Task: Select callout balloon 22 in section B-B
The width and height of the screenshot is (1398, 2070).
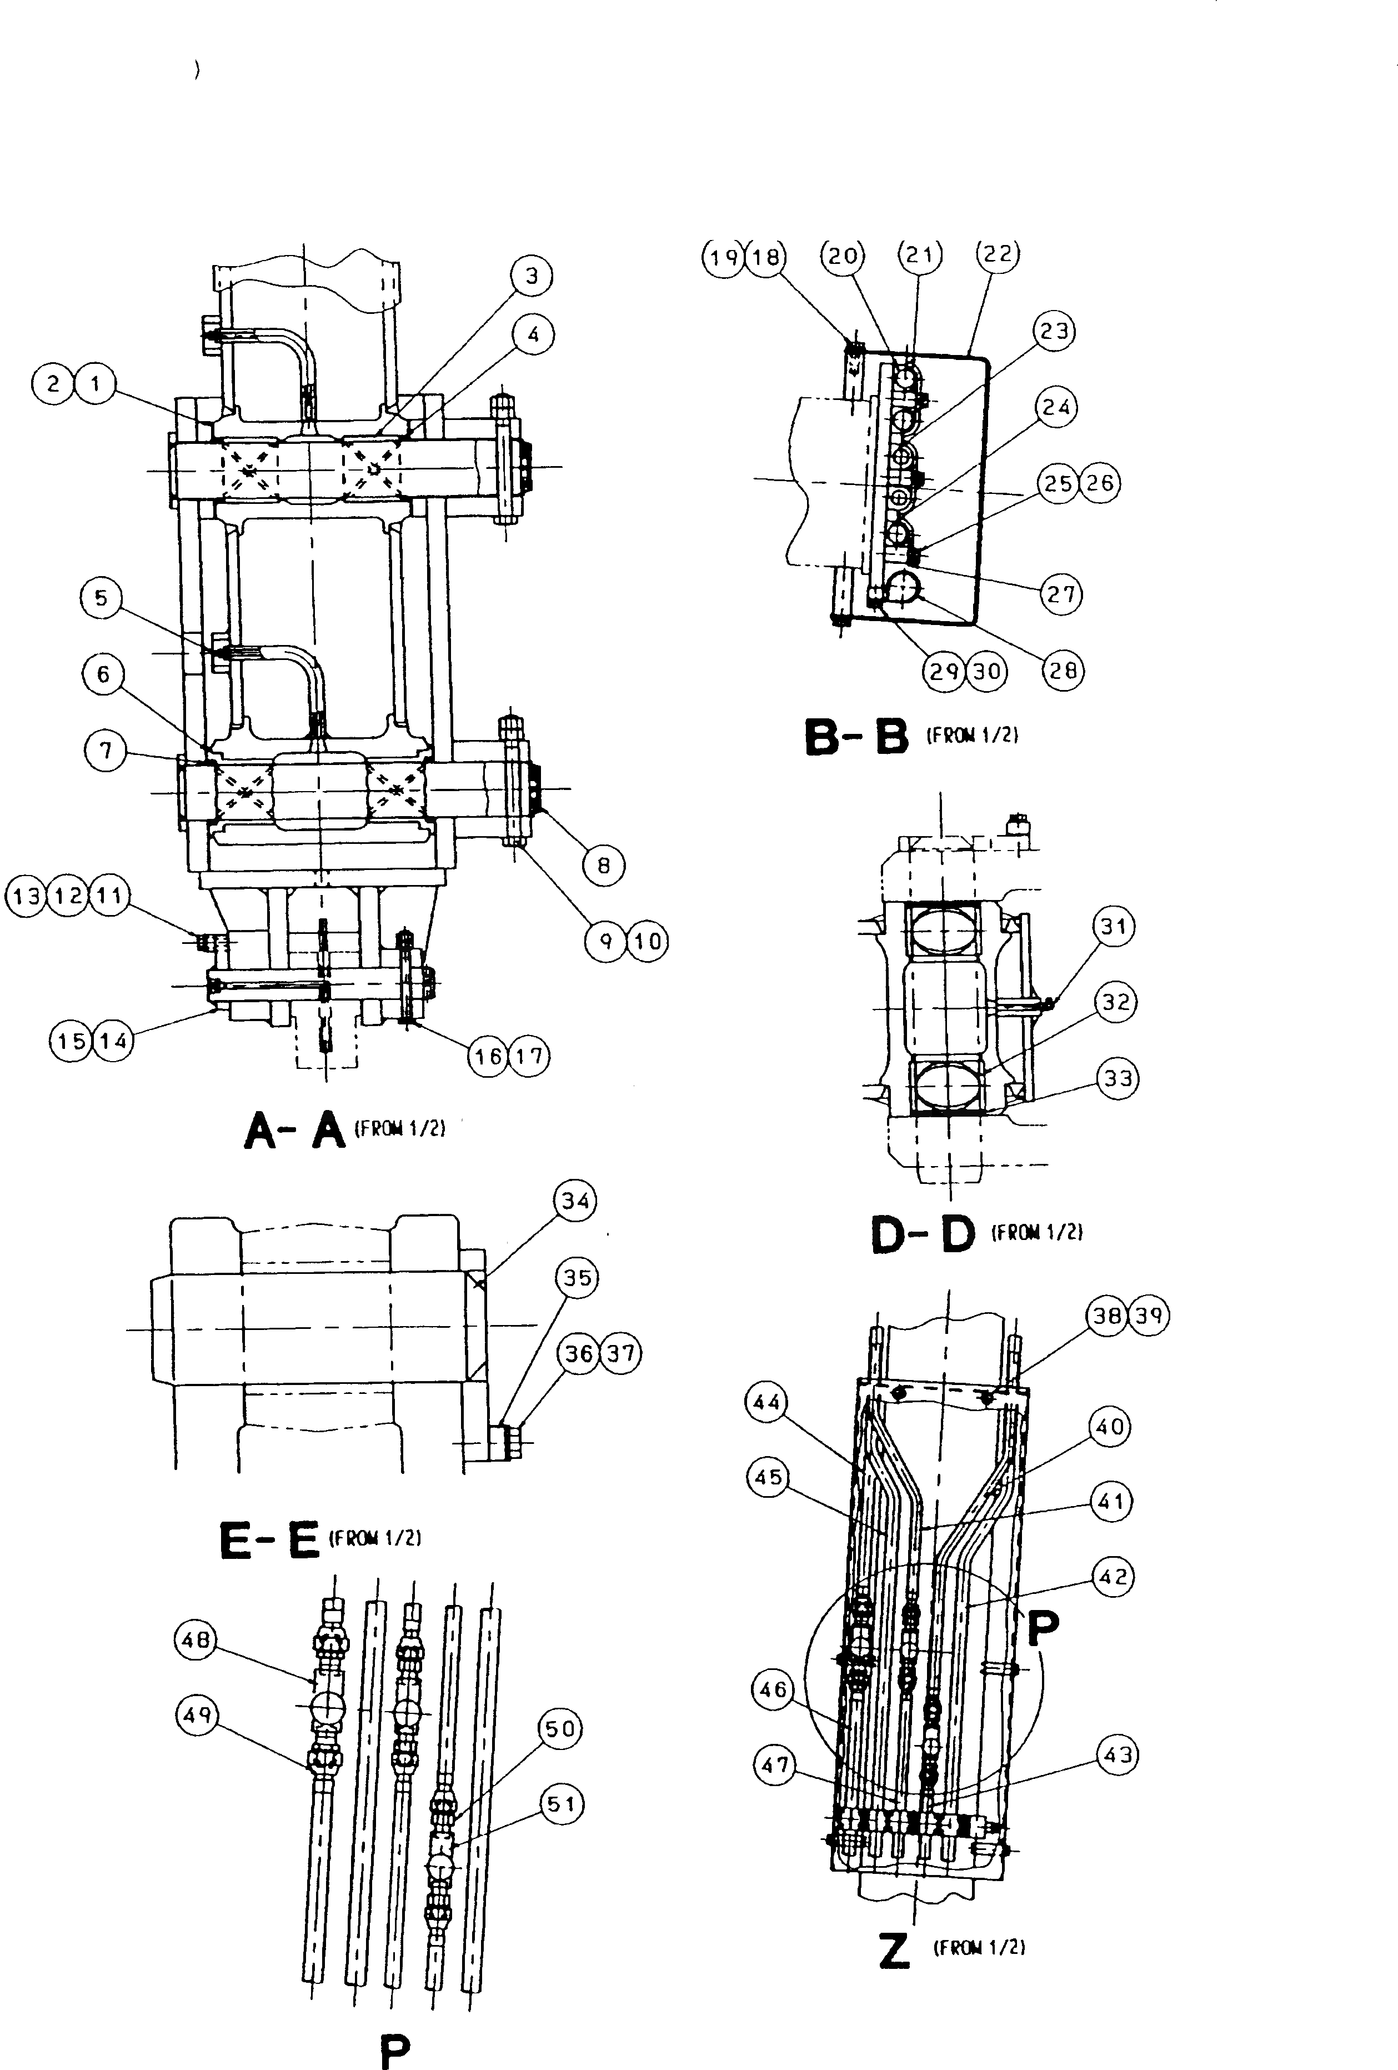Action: tap(998, 255)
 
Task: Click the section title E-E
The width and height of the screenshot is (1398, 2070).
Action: tap(269, 1542)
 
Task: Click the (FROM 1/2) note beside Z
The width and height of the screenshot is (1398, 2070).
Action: tap(979, 1948)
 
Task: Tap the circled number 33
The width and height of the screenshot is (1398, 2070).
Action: tap(1118, 1079)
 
